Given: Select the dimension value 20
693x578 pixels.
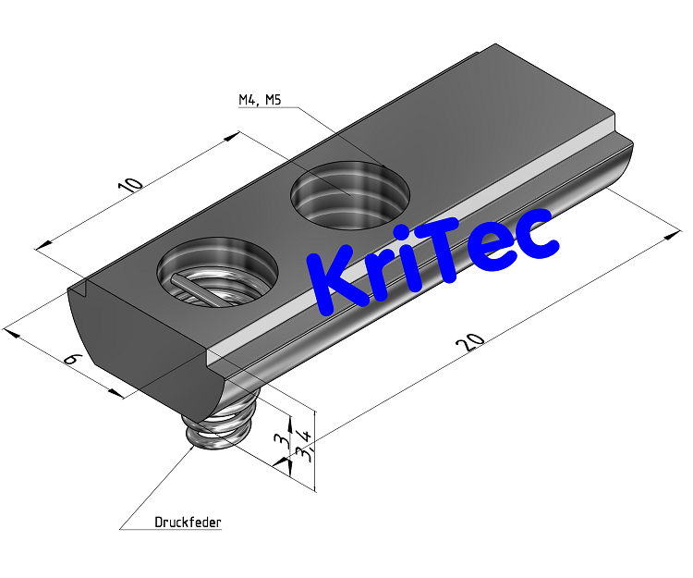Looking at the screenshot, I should click(x=470, y=342).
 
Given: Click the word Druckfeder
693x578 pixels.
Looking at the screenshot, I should click(x=188, y=523).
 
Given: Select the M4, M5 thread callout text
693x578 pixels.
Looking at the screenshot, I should click(x=260, y=101).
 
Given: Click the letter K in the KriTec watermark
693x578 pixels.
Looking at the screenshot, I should click(x=338, y=277).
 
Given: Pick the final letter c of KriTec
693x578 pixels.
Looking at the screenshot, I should click(x=536, y=236).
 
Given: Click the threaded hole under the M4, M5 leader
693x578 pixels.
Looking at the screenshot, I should click(x=350, y=192).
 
